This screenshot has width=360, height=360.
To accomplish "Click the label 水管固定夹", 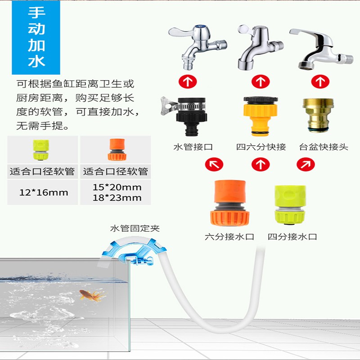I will click(x=135, y=228).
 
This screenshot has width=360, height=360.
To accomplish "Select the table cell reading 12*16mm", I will click(x=44, y=193).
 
